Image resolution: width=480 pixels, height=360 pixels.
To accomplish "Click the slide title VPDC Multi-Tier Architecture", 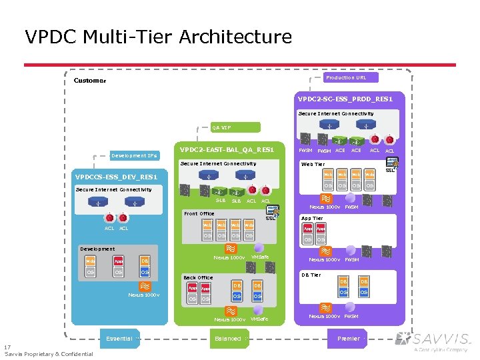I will (x=158, y=37).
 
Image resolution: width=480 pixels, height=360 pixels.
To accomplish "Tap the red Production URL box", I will (x=345, y=78).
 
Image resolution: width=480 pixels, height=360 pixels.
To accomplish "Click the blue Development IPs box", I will (x=134, y=155).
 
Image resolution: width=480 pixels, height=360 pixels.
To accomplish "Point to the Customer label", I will (x=89, y=81).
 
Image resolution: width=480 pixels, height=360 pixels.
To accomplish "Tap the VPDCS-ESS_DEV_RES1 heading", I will (x=117, y=177).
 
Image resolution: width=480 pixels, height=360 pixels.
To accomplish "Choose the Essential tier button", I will (x=119, y=339).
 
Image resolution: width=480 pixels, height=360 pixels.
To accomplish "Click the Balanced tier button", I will (x=228, y=339).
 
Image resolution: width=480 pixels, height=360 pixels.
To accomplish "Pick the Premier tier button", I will (x=348, y=339).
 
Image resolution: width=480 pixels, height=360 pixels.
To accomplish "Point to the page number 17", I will (x=7, y=347).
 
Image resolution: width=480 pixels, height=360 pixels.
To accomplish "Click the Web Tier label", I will (x=313, y=164).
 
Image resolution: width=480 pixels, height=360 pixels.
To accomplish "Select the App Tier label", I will (x=312, y=218).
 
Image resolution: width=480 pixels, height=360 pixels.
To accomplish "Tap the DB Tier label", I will (x=311, y=275).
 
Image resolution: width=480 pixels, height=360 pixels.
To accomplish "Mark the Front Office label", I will (x=199, y=214).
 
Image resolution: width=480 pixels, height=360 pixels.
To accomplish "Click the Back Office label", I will (x=198, y=277).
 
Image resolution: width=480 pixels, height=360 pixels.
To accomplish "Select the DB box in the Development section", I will (x=145, y=261).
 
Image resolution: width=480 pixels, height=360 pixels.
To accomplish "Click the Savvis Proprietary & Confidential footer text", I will (x=49, y=354).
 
